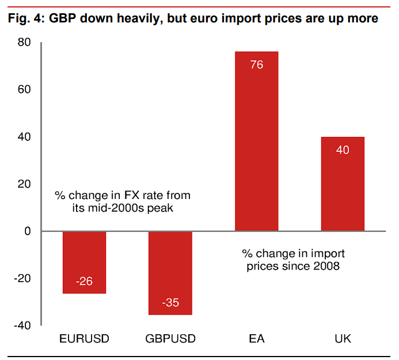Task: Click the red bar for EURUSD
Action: point(84,262)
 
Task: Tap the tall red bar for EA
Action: point(257,141)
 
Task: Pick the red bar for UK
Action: point(343,184)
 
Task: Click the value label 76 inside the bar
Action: point(257,65)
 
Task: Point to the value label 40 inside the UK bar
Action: point(343,150)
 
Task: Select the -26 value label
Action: point(84,282)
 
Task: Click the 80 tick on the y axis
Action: point(24,43)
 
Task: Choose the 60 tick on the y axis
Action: point(24,90)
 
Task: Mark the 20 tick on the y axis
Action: point(24,184)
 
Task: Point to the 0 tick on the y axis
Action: point(27,231)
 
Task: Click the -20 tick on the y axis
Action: point(22,278)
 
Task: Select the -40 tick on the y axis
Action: point(22,325)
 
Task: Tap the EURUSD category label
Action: point(84,339)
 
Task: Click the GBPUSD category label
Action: point(170,339)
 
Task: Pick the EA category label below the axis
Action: point(257,339)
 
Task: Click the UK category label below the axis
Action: point(343,339)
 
